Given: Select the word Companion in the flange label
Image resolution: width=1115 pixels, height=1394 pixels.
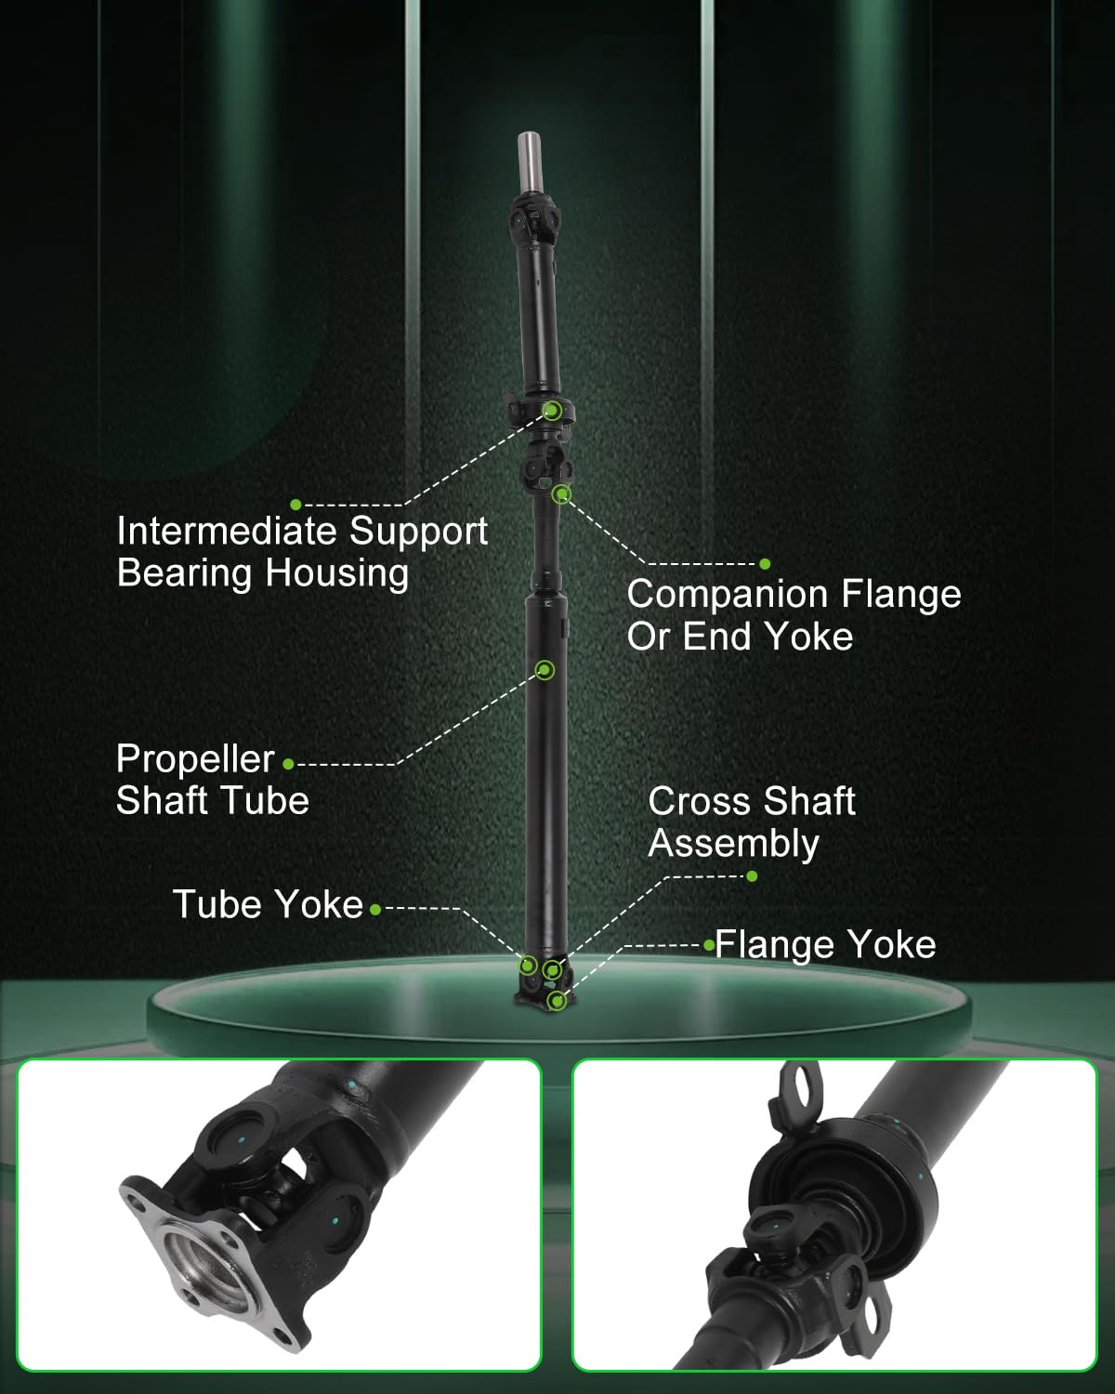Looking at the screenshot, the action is (728, 596).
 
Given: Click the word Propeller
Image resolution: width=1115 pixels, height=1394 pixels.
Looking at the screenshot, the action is (195, 760).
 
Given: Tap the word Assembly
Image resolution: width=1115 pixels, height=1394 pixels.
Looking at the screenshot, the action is (733, 844).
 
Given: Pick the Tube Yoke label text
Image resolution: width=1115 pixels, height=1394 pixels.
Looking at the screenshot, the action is (268, 904).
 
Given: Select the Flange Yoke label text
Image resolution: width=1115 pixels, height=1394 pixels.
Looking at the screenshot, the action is (825, 945).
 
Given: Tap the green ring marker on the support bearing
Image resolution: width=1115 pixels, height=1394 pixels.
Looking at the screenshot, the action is (552, 410).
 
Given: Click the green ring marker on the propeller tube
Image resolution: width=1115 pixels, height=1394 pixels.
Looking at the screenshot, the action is (544, 670).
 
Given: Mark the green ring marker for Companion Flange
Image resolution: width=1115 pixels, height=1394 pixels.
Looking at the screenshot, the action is (561, 495).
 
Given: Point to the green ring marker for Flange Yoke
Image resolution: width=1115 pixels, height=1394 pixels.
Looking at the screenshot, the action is (557, 1001).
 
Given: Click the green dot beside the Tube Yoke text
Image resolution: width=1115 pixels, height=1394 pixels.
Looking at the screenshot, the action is (375, 910).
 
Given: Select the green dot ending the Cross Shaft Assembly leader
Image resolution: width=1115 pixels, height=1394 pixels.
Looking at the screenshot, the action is (752, 876).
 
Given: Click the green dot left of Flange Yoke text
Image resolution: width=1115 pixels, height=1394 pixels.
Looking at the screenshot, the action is (710, 946).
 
